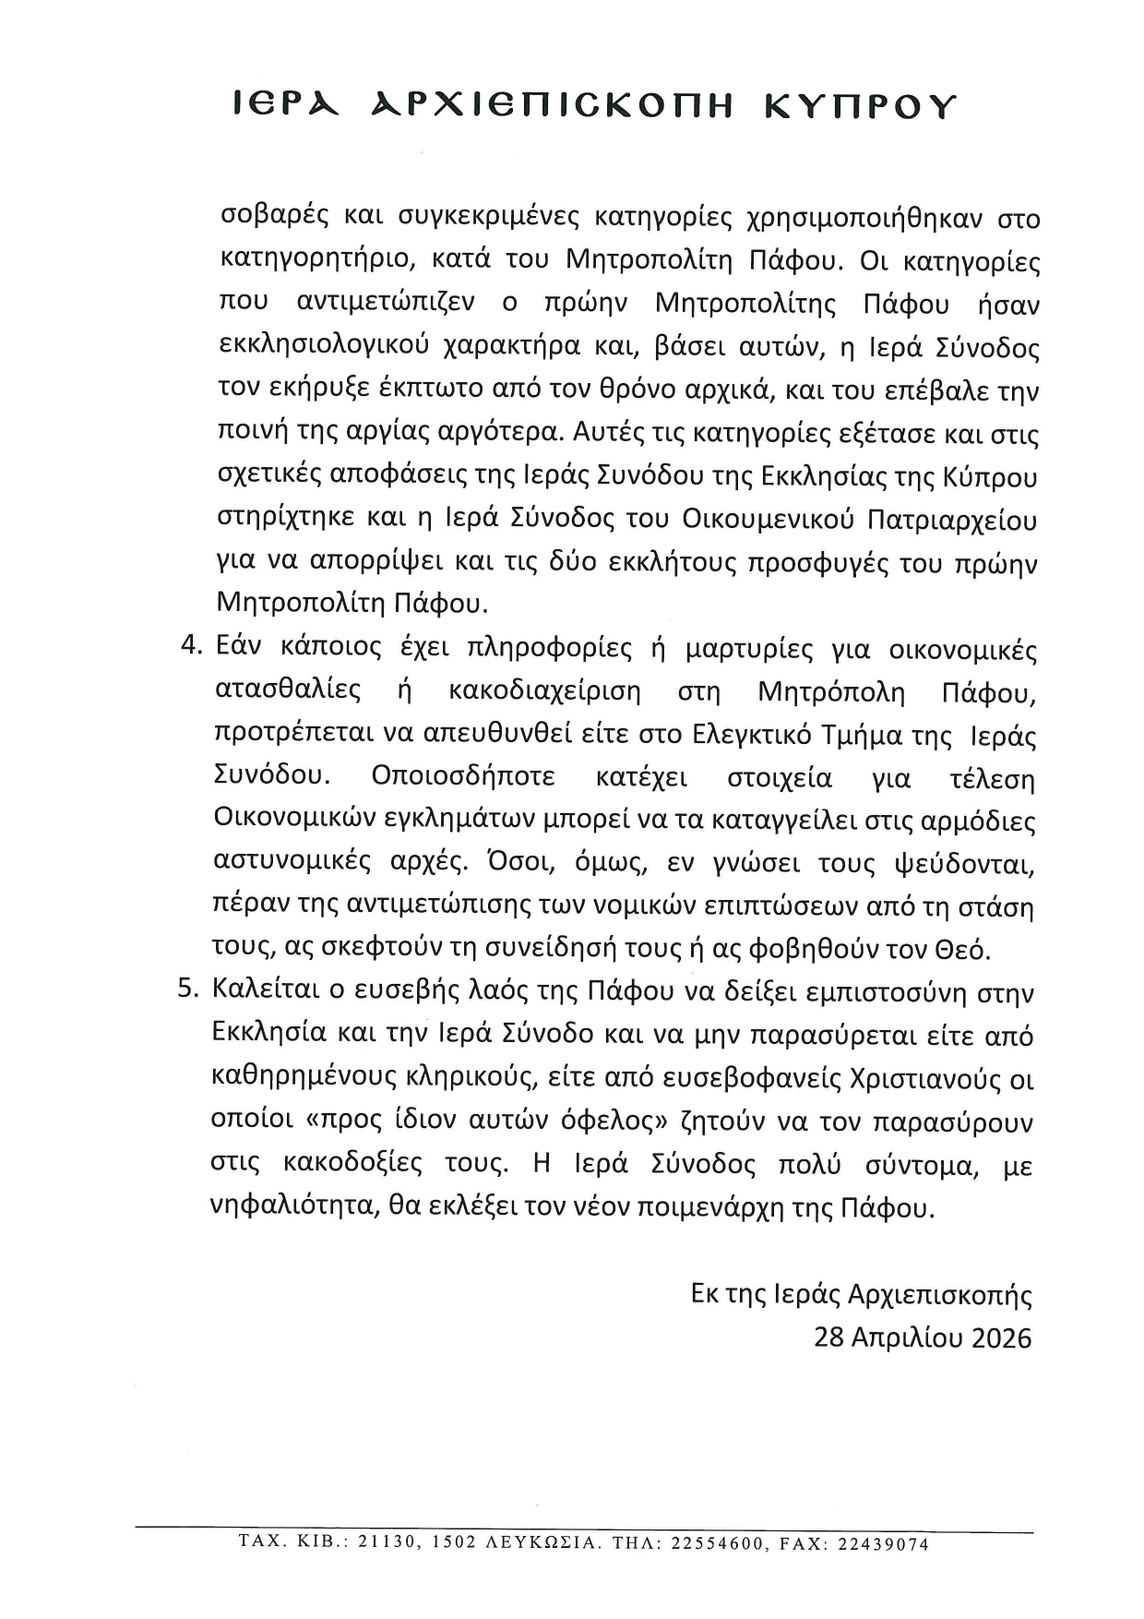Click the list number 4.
191,646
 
